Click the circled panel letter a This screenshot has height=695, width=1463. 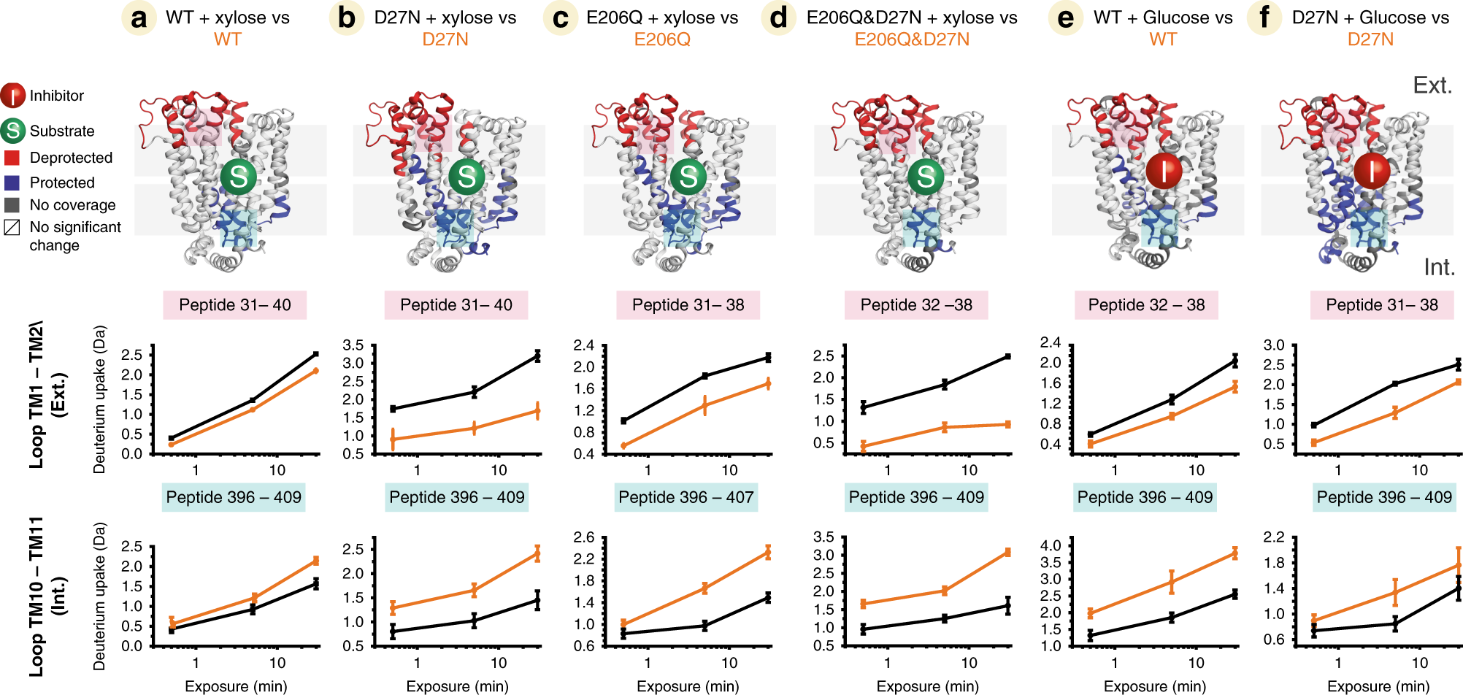(139, 18)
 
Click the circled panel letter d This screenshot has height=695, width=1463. (779, 18)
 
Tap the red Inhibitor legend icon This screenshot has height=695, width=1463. (13, 96)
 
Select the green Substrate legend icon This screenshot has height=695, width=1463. (13, 131)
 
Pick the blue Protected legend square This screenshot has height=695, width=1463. (12, 183)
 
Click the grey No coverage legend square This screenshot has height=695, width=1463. (12, 205)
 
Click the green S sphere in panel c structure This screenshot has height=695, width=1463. (688, 177)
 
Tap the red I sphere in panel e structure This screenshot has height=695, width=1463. (1164, 172)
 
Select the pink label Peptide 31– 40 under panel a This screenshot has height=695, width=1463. (234, 305)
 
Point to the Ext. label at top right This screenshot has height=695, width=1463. (1432, 85)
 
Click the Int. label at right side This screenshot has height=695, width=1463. (1439, 267)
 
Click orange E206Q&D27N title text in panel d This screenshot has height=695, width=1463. (911, 39)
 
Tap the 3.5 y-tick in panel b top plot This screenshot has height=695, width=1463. (353, 345)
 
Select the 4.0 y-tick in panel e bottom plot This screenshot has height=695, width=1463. (1051, 546)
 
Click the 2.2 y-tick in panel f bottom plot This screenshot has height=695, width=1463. (1274, 537)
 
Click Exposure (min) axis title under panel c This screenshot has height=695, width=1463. (688, 686)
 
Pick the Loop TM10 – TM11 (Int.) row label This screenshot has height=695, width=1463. (47, 595)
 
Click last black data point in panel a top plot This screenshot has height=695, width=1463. (316, 354)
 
